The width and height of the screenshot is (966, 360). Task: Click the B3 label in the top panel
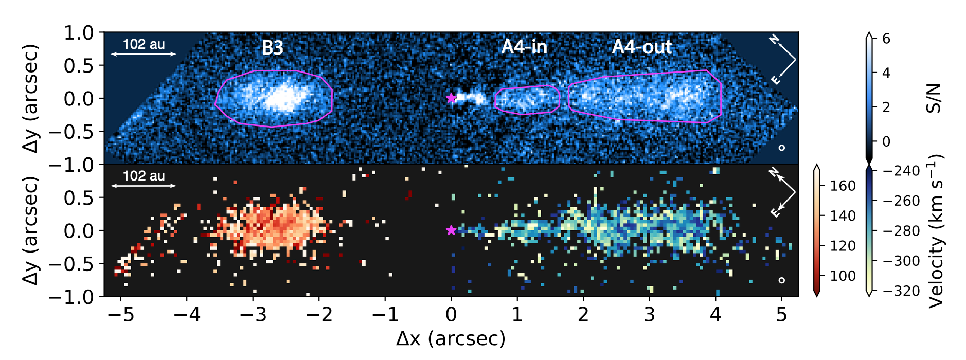tap(273, 48)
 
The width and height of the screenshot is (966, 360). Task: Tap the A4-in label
tap(524, 47)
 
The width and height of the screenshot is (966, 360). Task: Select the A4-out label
tap(641, 47)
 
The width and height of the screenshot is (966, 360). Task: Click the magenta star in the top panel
tap(451, 98)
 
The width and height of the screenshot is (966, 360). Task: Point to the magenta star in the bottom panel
tap(451, 230)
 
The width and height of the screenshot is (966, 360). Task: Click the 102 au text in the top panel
tap(144, 44)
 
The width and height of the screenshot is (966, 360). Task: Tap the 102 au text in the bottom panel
tap(144, 176)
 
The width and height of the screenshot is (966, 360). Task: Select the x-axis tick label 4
tap(715, 314)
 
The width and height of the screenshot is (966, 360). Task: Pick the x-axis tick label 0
tap(451, 314)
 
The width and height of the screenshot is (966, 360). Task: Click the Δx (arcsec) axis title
tap(451, 338)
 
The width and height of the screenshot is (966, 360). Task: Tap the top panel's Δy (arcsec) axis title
tap(31, 98)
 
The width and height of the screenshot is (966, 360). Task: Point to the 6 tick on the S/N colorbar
tap(886, 39)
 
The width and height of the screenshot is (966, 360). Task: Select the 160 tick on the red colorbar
tap(843, 186)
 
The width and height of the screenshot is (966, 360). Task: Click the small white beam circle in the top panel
tap(782, 148)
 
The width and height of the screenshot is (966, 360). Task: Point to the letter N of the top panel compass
tap(774, 40)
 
